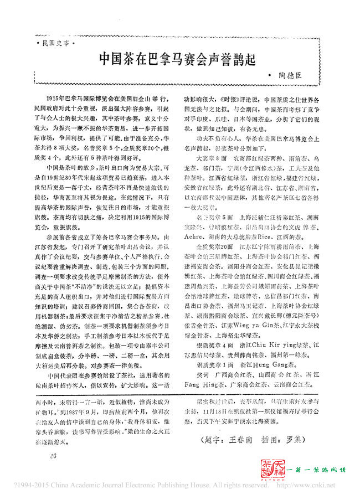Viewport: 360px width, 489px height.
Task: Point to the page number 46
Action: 53,455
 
